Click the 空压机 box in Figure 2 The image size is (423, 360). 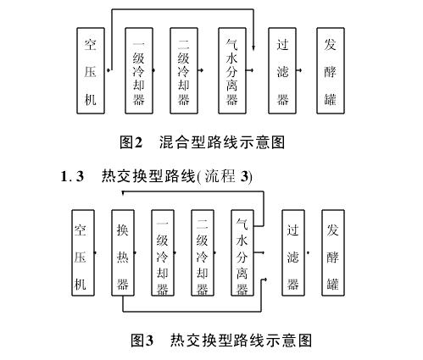point(91,70)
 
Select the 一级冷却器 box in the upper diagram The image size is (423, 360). point(139,70)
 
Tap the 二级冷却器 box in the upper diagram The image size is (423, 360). point(184,70)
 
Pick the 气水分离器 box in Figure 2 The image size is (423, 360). point(232,70)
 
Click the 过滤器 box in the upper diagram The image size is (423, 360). point(282,70)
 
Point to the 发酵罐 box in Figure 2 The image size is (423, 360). point(331,70)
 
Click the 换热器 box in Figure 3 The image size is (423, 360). point(123,252)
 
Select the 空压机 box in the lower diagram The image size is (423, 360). point(83,252)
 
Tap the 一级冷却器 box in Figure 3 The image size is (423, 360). point(163,252)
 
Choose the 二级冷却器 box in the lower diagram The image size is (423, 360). point(203,252)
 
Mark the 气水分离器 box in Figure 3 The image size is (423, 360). point(242,252)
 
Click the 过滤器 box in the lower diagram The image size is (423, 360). point(293,252)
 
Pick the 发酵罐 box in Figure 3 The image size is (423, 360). point(333,252)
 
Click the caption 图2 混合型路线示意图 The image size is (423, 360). point(202,142)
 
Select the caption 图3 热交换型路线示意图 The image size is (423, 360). point(221,340)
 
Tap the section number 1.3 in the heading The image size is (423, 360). point(72,177)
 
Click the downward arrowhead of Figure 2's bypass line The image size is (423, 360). point(253,47)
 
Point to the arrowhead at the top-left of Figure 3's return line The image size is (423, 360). point(124,192)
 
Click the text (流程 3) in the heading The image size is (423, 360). point(225,177)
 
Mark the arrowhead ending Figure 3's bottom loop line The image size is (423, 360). point(264,280)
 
